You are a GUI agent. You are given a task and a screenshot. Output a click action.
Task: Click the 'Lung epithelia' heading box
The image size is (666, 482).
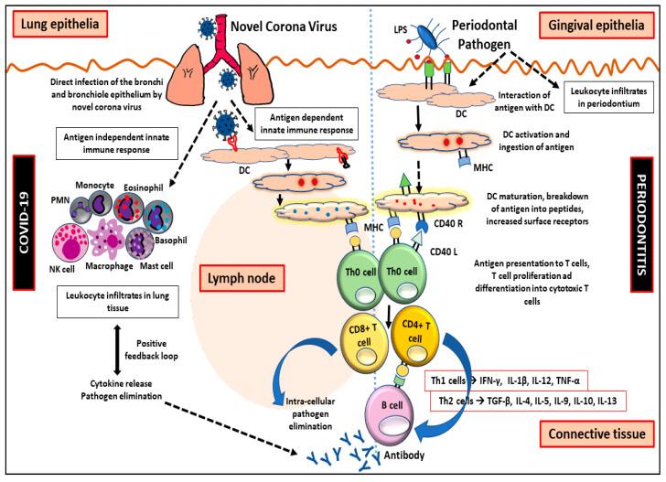point(56,18)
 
